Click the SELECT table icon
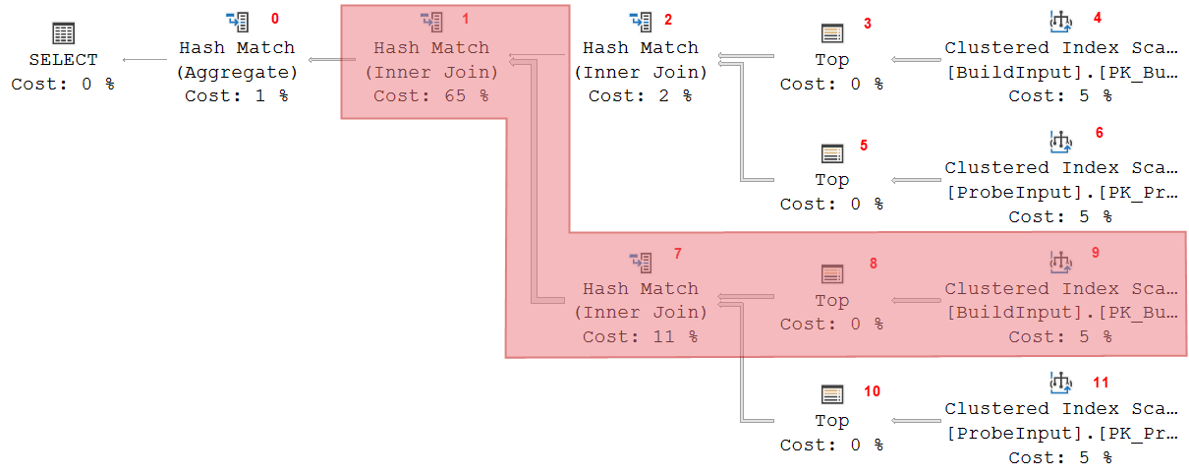[x=63, y=33]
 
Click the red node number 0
[x=275, y=19]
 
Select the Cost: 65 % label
[x=432, y=95]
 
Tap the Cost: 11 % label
[x=640, y=336]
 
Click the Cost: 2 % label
[x=640, y=95]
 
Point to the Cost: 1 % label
[x=236, y=95]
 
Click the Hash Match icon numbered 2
[x=640, y=21]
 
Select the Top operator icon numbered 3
[x=831, y=33]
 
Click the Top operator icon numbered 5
[x=831, y=154]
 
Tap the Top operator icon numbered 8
[x=831, y=274]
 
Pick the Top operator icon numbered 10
[x=831, y=394]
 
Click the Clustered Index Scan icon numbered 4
[x=1060, y=21]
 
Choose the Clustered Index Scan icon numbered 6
[x=1060, y=142]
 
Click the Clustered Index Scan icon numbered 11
[x=1060, y=382]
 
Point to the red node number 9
[x=1095, y=253]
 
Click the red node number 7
[x=678, y=254]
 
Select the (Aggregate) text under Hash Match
[x=236, y=72]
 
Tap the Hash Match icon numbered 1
[x=432, y=21]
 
